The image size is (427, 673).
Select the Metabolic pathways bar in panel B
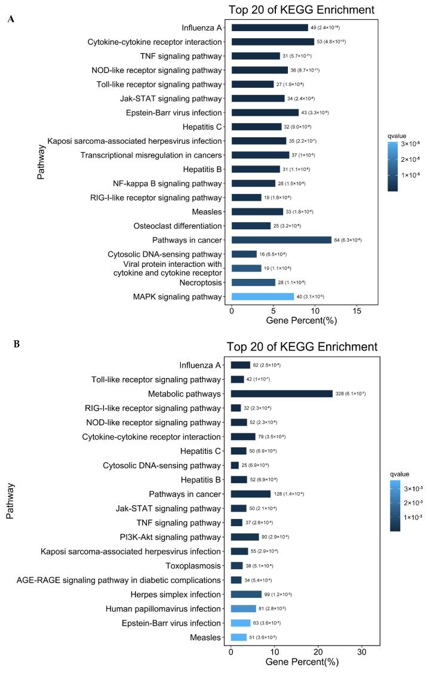(281, 394)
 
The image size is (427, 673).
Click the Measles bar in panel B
(238, 637)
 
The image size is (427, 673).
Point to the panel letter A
(11, 19)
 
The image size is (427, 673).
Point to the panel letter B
(11, 343)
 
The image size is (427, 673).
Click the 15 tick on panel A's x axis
(357, 312)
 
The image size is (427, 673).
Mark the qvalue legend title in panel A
(397, 136)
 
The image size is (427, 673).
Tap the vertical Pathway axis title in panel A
(41, 161)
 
